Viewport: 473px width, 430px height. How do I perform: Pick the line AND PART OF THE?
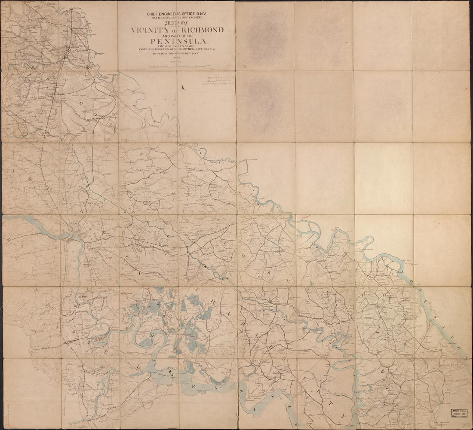(x=177, y=36)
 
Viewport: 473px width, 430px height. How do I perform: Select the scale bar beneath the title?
(x=177, y=67)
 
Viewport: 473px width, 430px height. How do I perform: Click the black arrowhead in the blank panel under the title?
(x=183, y=88)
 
